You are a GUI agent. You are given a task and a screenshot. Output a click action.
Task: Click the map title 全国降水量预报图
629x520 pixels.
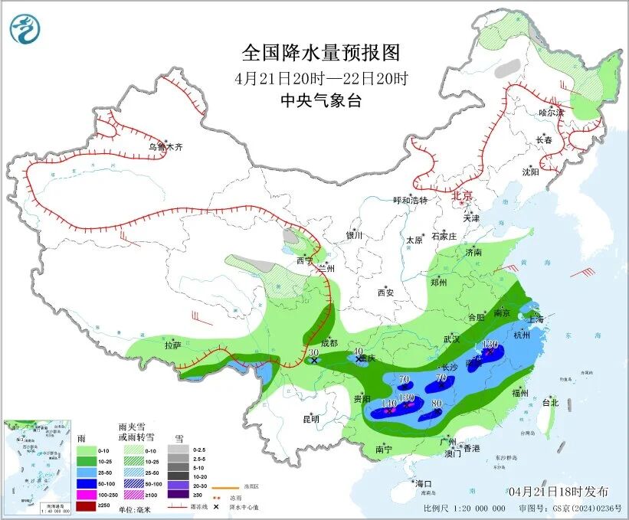(321, 53)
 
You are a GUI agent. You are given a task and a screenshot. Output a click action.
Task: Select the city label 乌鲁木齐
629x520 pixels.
(166, 146)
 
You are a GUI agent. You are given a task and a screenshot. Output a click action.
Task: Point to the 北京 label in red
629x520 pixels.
(463, 195)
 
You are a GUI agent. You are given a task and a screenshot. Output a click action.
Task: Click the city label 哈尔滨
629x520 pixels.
(550, 113)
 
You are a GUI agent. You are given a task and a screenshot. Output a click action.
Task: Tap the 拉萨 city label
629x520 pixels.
(172, 345)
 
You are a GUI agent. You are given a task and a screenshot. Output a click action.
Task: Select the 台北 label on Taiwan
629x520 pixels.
(550, 402)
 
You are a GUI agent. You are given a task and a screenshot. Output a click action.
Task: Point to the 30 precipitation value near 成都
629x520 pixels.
(313, 352)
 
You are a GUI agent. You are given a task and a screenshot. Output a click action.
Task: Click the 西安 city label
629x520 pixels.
(385, 293)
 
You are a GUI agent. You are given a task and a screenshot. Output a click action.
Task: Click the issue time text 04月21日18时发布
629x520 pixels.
(558, 491)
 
